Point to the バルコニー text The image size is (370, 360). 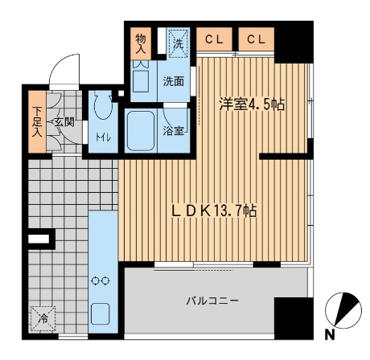point(212,301)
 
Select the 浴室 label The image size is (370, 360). point(174,130)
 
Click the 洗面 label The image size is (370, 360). point(174,81)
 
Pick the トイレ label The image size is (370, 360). point(102,137)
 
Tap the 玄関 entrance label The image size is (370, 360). point(64,121)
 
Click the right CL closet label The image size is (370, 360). point(257,39)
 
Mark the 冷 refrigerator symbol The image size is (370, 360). point(42,318)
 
